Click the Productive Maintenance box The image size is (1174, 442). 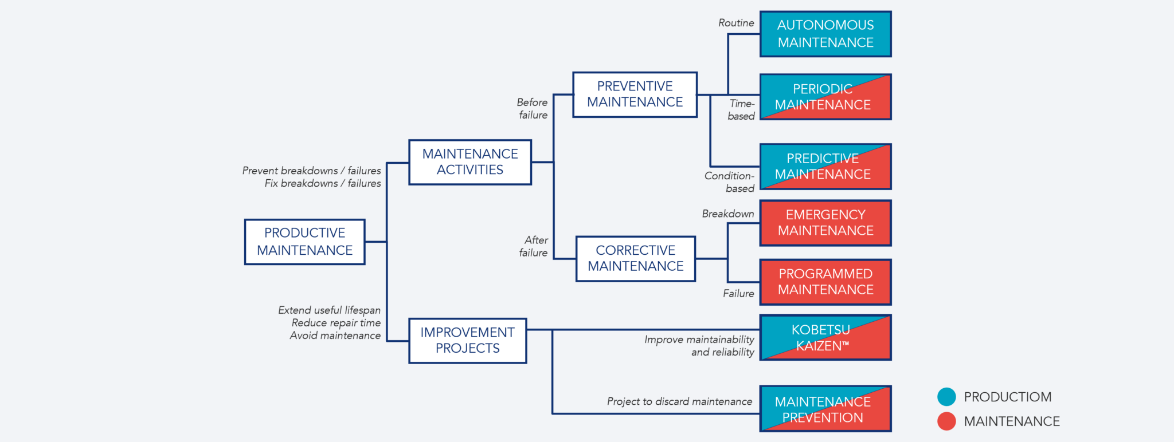pyautogui.click(x=304, y=242)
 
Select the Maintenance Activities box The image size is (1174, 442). pyautogui.click(x=470, y=162)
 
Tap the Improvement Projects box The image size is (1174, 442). pyautogui.click(x=467, y=341)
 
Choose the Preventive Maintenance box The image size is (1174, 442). pyautogui.click(x=635, y=94)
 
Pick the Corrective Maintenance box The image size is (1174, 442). pyautogui.click(x=635, y=259)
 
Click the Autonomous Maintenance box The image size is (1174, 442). pyautogui.click(x=825, y=34)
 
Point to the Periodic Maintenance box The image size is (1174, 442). pyautogui.click(x=825, y=97)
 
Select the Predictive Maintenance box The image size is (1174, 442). pyautogui.click(x=825, y=167)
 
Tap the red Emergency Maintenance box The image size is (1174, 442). pyautogui.click(x=825, y=223)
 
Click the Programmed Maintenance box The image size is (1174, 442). pyautogui.click(x=825, y=282)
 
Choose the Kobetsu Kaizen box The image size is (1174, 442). pyautogui.click(x=825, y=338)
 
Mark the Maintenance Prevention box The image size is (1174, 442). pyautogui.click(x=825, y=409)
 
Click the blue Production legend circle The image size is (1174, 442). pyautogui.click(x=946, y=396)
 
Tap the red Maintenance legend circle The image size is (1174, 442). pyautogui.click(x=946, y=421)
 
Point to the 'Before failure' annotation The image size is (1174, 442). pyautogui.click(x=533, y=109)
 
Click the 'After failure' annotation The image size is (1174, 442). pyautogui.click(x=535, y=246)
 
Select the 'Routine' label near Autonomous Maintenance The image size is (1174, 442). pyautogui.click(x=736, y=23)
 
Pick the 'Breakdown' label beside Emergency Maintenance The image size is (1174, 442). pyautogui.click(x=728, y=214)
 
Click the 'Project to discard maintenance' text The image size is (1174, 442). pyautogui.click(x=679, y=402)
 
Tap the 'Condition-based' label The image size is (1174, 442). pyautogui.click(x=729, y=182)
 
